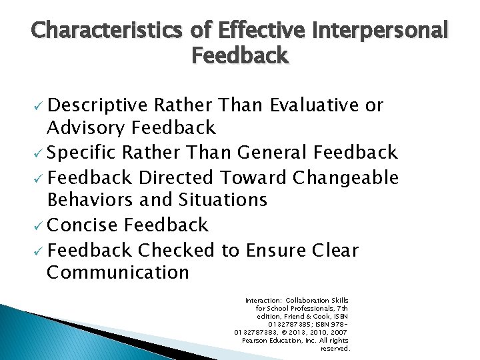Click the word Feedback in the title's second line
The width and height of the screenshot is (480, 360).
pos(240,55)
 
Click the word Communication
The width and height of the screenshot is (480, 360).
pos(118,272)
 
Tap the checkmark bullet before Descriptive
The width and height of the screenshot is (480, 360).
pos(38,107)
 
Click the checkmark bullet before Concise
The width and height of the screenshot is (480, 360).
pos(38,226)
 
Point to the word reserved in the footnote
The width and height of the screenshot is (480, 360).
pos(335,348)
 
